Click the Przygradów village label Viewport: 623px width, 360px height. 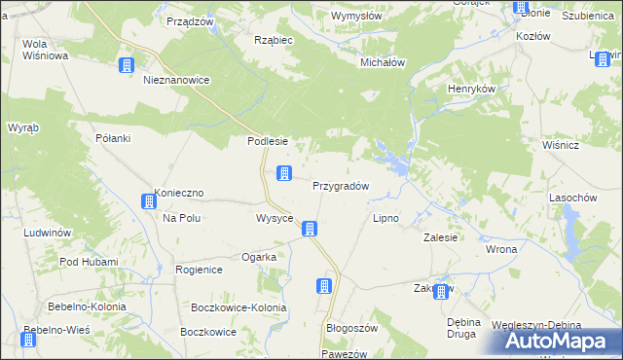[340, 186]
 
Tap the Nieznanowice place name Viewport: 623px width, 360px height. [176, 81]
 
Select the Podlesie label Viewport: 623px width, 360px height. [267, 140]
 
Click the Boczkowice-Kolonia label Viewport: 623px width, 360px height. [239, 307]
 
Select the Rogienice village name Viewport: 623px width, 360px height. [199, 269]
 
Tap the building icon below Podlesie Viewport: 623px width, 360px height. [284, 174]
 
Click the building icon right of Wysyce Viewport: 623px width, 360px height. [310, 230]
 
